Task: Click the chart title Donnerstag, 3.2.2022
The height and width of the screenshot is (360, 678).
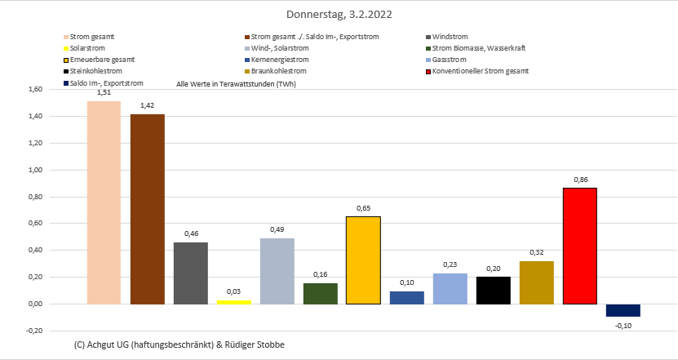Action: coord(339,15)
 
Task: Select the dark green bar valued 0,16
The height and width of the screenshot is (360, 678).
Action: coord(320,294)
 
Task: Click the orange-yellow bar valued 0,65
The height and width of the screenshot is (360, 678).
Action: coord(363,260)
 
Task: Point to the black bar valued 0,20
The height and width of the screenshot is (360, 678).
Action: coord(493,291)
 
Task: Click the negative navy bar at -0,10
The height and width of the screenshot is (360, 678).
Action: coord(623,310)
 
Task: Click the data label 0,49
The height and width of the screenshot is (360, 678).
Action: coord(277,229)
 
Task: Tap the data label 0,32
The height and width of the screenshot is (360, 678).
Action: coord(536,252)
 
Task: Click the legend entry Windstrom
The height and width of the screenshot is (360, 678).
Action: coord(450,37)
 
